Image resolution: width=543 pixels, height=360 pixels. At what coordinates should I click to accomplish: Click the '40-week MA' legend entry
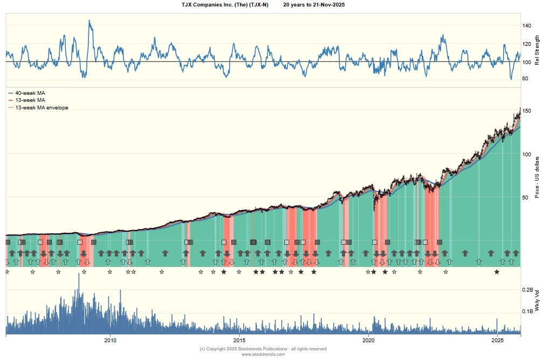(x=30, y=93)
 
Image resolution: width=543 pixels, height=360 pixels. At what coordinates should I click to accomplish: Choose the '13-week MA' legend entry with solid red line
(x=30, y=100)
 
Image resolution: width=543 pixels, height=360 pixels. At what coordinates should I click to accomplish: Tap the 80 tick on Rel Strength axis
(x=527, y=79)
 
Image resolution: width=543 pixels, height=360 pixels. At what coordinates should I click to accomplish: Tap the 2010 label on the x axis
(x=111, y=341)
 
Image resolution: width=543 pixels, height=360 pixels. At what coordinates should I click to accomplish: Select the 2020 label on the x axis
(x=369, y=341)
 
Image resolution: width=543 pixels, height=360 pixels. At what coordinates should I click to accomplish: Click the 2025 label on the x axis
(x=498, y=341)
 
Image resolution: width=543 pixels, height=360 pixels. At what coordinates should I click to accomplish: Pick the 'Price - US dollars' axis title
(x=537, y=177)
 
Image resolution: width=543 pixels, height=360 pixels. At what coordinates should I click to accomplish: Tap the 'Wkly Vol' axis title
(x=537, y=300)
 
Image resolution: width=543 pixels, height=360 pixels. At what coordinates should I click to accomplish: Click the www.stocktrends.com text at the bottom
(x=263, y=354)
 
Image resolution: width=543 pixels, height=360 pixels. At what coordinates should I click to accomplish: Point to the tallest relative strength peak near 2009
(x=90, y=21)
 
